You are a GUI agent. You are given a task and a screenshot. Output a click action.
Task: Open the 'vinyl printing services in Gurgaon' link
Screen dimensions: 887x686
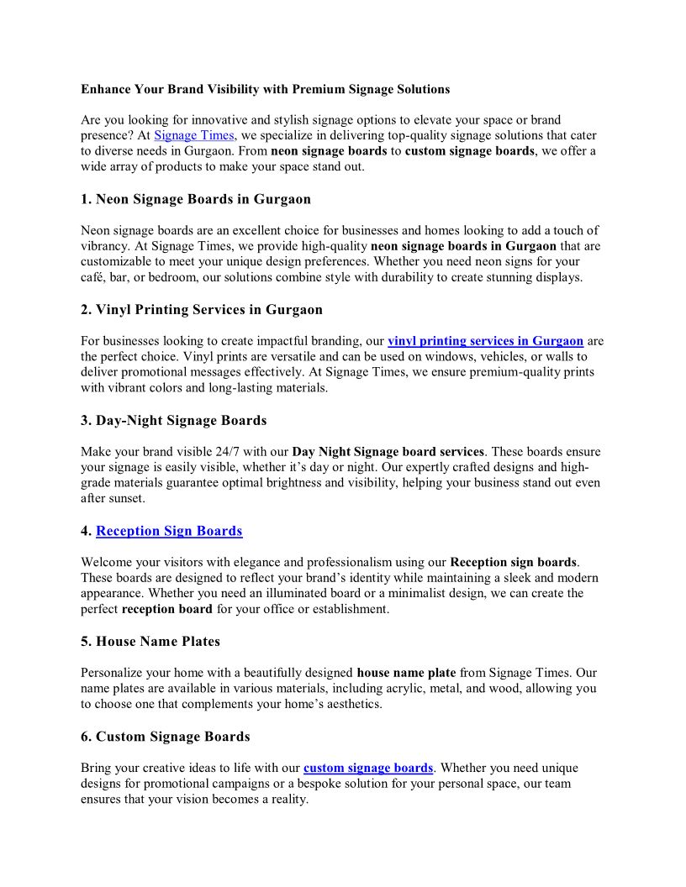485,341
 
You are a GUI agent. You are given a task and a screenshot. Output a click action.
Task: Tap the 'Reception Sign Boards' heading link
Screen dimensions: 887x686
169,531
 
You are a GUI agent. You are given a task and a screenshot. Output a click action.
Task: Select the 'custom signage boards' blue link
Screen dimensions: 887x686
368,768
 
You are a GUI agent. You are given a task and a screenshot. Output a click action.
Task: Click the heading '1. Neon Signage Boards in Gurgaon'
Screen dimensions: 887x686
196,200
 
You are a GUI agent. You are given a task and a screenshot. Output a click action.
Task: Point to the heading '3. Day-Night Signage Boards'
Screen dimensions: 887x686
174,421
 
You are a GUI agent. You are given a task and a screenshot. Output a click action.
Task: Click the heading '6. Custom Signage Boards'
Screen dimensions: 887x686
166,737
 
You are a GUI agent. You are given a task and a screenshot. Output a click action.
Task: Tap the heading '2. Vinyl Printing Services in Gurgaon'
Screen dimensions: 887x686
202,310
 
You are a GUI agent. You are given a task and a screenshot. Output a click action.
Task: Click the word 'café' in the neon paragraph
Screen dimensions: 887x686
94,277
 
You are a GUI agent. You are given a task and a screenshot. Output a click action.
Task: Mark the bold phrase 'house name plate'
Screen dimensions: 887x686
406,673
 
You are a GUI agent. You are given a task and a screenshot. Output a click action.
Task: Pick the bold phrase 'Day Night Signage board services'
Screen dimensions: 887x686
388,452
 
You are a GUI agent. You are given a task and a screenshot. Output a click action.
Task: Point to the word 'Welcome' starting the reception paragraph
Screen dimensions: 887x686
108,562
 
